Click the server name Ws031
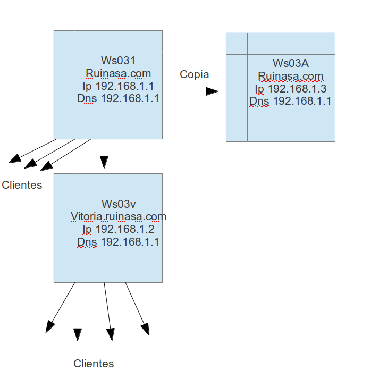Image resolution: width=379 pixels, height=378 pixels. pyautogui.click(x=118, y=61)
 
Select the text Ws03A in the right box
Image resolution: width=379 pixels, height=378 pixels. pyautogui.click(x=290, y=63)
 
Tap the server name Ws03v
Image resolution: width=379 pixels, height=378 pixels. pyautogui.click(x=118, y=204)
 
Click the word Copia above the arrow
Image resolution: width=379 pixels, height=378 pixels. pyautogui.click(x=194, y=74)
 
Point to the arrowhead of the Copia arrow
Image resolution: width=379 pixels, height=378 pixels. pyautogui.click(x=213, y=91)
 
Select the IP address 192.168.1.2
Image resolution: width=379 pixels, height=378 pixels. pyautogui.click(x=125, y=229)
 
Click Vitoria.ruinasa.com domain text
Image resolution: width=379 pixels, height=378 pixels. pyautogui.click(x=118, y=216)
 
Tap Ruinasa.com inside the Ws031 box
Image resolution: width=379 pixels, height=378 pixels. pyautogui.click(x=118, y=73)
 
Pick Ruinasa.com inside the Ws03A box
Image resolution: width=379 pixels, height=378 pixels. pyautogui.click(x=290, y=76)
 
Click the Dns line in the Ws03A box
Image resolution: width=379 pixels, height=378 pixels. pyautogui.click(x=290, y=101)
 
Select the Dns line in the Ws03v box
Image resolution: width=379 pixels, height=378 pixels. pyautogui.click(x=118, y=242)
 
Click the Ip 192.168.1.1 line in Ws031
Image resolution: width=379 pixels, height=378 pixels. pyautogui.click(x=118, y=86)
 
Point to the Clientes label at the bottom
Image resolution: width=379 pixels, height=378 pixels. pyautogui.click(x=94, y=364)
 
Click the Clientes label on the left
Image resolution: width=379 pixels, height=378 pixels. pyautogui.click(x=22, y=185)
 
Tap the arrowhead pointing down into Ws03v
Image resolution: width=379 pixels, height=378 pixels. pyautogui.click(x=104, y=162)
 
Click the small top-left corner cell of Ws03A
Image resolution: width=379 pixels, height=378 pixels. pyautogui.click(x=237, y=43)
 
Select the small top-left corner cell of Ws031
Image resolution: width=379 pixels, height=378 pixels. pyautogui.click(x=64, y=41)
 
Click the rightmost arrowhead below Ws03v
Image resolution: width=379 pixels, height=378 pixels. pyautogui.click(x=145, y=329)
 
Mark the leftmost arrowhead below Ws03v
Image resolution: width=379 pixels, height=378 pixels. pyautogui.click(x=50, y=326)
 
